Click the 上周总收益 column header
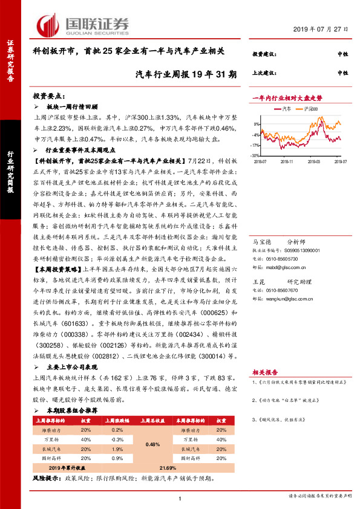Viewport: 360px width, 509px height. (x=153, y=418)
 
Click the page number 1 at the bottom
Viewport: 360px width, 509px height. (x=180, y=498)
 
